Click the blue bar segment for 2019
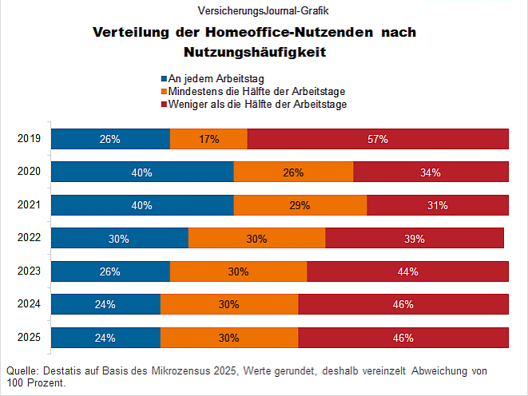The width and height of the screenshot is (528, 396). (110, 139)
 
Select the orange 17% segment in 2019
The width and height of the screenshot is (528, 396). (208, 139)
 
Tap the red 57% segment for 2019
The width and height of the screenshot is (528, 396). (378, 139)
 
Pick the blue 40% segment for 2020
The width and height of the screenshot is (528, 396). (142, 172)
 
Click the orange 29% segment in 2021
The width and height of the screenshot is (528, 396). (300, 205)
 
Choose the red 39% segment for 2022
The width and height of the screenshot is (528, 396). (414, 239)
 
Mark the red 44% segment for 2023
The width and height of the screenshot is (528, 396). (407, 271)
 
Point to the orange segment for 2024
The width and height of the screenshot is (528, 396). (229, 304)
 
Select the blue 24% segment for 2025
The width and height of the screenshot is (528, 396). (105, 338)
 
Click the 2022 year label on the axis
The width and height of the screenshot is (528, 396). (29, 238)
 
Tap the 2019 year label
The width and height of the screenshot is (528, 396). (29, 138)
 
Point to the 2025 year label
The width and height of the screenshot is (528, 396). (29, 337)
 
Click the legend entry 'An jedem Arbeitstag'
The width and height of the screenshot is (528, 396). (216, 78)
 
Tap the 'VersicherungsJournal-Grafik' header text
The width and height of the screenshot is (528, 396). (263, 11)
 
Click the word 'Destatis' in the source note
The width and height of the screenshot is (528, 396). (62, 371)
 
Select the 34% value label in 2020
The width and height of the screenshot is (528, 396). (431, 172)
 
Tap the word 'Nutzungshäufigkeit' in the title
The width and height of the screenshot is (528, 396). (256, 53)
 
